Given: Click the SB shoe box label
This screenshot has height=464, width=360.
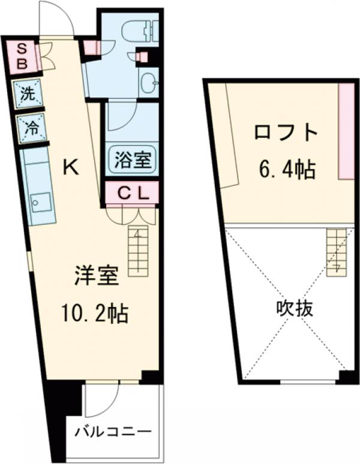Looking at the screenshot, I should [21, 56].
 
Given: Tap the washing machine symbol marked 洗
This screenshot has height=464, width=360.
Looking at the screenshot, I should [28, 94].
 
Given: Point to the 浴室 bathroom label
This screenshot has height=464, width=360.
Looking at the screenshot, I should [132, 159].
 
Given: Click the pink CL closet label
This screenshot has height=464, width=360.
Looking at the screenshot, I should [132, 193].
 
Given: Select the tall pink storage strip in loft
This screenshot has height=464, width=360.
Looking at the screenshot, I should [346, 131].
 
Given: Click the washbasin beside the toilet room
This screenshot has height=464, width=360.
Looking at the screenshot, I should [148, 82].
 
